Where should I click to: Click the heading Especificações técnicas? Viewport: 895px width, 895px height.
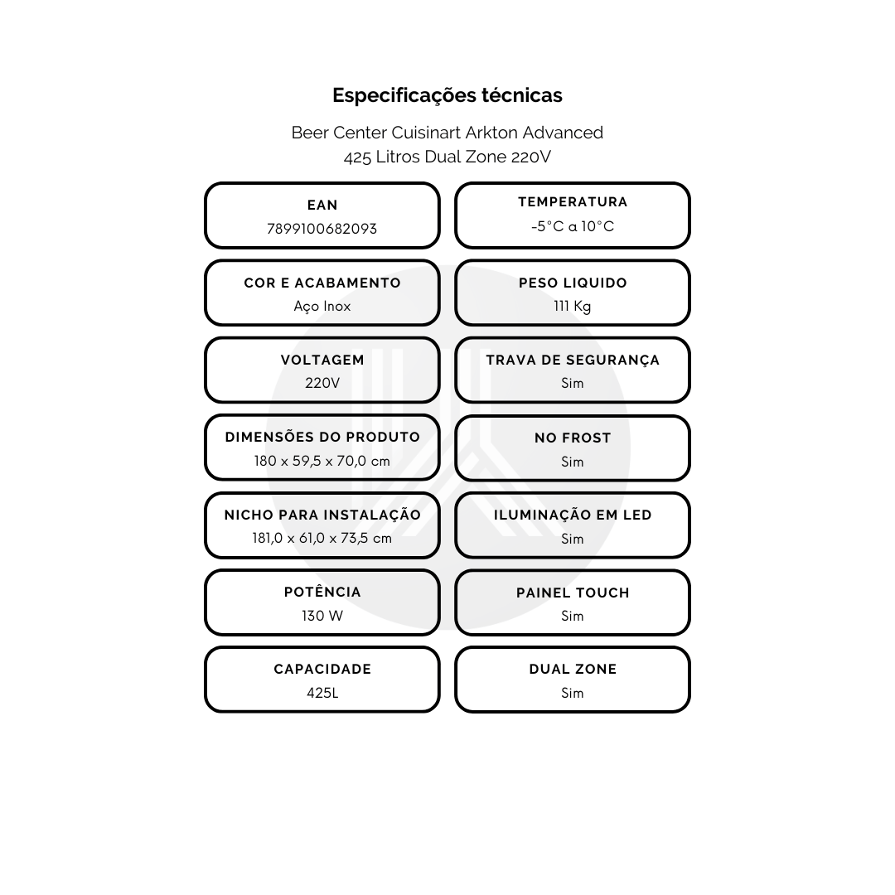[x=447, y=95]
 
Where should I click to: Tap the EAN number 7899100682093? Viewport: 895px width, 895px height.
[x=322, y=229]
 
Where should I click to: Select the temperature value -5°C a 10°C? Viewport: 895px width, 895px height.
[x=573, y=226]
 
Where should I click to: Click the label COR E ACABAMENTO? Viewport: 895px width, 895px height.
[x=322, y=283]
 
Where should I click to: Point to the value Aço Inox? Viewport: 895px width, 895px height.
[x=322, y=307]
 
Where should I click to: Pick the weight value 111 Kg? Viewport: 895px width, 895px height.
[x=573, y=307]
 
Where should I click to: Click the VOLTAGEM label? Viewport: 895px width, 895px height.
[x=322, y=360]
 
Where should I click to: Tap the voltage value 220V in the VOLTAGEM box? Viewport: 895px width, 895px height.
[x=322, y=383]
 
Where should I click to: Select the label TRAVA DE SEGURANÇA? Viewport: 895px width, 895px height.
[x=573, y=360]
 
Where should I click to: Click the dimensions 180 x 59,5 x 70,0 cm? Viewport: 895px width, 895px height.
[x=322, y=461]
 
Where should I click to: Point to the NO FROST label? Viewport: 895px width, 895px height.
[x=573, y=438]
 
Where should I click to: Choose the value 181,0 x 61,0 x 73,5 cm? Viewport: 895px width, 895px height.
[x=322, y=539]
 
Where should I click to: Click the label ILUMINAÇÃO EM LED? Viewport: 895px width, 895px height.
[x=573, y=515]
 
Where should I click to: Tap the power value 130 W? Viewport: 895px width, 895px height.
[x=322, y=616]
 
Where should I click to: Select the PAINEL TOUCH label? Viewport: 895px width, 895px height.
[x=573, y=593]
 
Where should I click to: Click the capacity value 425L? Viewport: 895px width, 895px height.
[x=322, y=693]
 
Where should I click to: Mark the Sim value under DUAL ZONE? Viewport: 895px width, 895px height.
[x=573, y=693]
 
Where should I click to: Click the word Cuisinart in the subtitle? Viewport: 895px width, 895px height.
[x=427, y=133]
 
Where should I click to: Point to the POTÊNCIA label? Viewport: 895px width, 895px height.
[x=322, y=592]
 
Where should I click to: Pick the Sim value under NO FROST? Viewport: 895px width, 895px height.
[x=573, y=462]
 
